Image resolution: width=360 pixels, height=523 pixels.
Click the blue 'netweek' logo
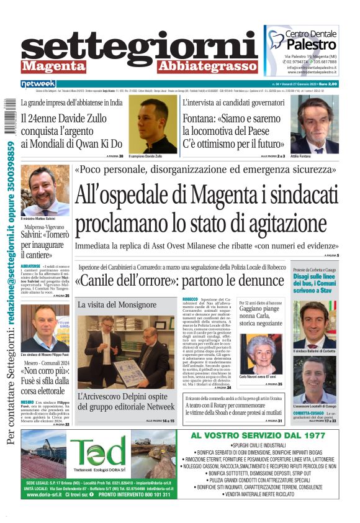point(38,83)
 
